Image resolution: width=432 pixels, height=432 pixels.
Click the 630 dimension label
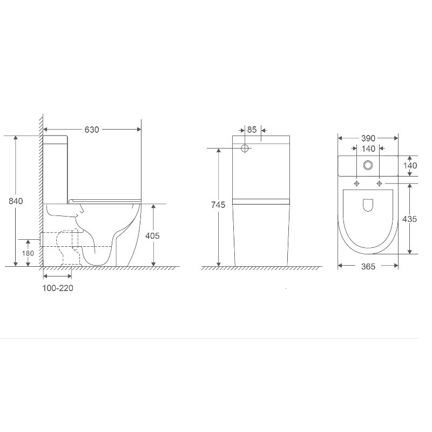pyautogui.click(x=92, y=130)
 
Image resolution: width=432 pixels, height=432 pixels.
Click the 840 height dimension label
pyautogui.click(x=16, y=201)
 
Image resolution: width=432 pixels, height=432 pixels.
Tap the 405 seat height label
pyautogui.click(x=152, y=235)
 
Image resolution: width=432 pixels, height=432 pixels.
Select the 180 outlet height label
pyautogui.click(x=28, y=253)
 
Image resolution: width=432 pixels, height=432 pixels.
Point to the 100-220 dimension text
pyautogui.click(x=58, y=288)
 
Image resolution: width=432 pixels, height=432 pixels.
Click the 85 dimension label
pyautogui.click(x=252, y=130)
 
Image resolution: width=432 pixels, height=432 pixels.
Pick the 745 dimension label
pyautogui.click(x=218, y=205)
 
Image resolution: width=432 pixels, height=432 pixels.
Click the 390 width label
pyautogui.click(x=368, y=138)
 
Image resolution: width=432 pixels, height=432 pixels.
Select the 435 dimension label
pyautogui.click(x=410, y=219)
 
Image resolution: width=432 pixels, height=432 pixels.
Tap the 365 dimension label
pyautogui.click(x=368, y=266)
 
